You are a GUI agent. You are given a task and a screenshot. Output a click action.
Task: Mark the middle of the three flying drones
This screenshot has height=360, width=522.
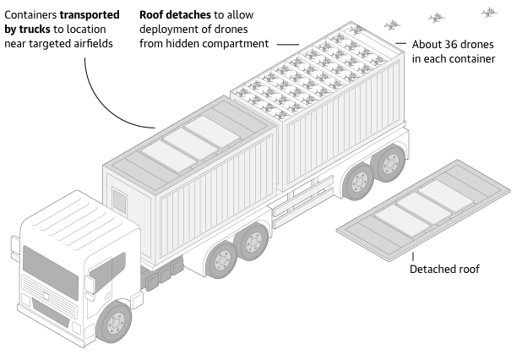point(436,17)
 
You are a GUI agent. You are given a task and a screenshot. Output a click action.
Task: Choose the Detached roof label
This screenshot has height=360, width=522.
point(444,270)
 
